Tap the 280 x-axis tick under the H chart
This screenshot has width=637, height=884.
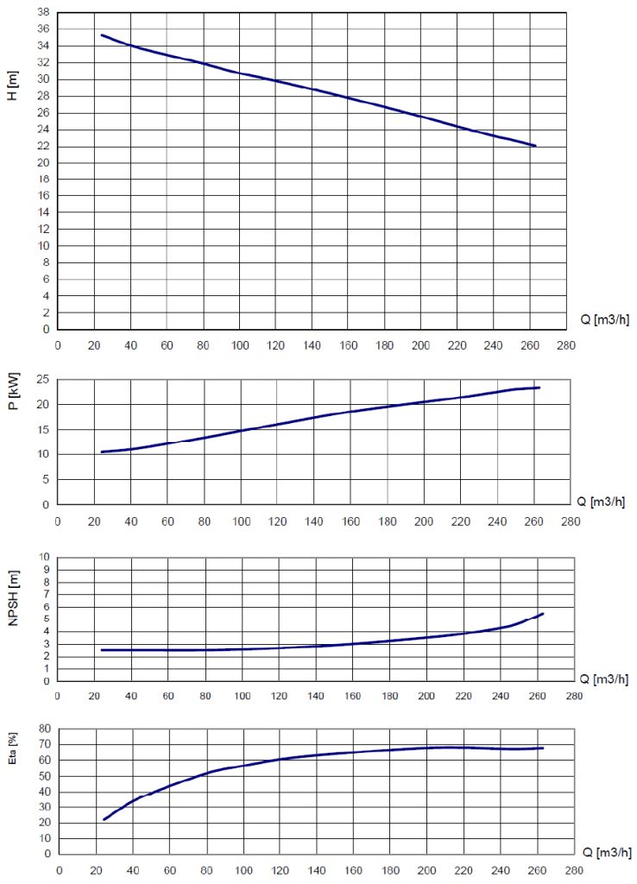tap(565, 345)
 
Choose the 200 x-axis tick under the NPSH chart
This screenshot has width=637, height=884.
tap(426, 697)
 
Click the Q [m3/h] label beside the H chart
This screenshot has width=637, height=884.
tap(604, 320)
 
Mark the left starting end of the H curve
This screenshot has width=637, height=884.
tap(102, 35)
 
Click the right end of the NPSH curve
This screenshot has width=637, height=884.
tap(543, 613)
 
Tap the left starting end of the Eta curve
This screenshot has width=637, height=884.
tap(104, 819)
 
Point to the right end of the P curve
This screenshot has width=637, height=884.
tap(539, 388)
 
